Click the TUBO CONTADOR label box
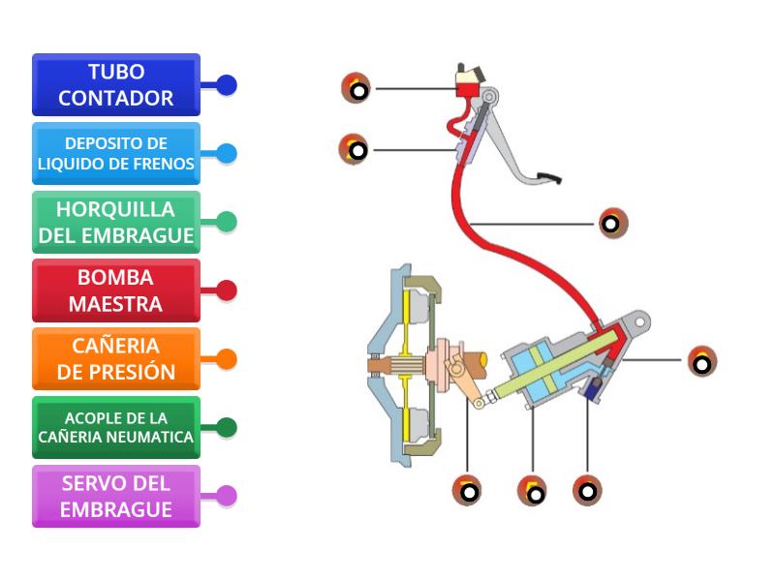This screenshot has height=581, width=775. tap(116, 85)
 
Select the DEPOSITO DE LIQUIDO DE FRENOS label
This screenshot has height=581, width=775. tap(116, 153)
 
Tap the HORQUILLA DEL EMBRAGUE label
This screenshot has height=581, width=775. tap(116, 222)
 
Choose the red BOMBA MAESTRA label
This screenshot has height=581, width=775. tap(116, 290)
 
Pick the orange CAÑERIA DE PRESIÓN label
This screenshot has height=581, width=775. tap(116, 359)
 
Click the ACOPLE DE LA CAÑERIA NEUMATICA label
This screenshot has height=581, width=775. tap(116, 427)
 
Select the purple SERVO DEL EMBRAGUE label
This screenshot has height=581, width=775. tap(116, 496)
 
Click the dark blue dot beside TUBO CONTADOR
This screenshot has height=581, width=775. tap(227, 85)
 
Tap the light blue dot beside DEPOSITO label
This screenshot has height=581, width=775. tap(227, 153)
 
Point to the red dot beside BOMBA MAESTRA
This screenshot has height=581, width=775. tap(227, 290)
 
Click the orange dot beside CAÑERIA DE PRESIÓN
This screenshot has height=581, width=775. tap(227, 359)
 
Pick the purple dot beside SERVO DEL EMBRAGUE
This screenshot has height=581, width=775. tap(227, 496)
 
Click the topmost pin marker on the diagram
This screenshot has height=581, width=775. tap(356, 88)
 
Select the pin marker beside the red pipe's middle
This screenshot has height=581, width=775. tap(612, 224)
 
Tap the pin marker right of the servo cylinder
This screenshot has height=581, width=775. tap(702, 361)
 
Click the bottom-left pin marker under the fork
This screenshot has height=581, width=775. tap(467, 489)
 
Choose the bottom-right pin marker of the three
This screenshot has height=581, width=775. tap(587, 489)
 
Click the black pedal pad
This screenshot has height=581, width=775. tap(548, 176)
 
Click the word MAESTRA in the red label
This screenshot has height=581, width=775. tap(115, 304)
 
